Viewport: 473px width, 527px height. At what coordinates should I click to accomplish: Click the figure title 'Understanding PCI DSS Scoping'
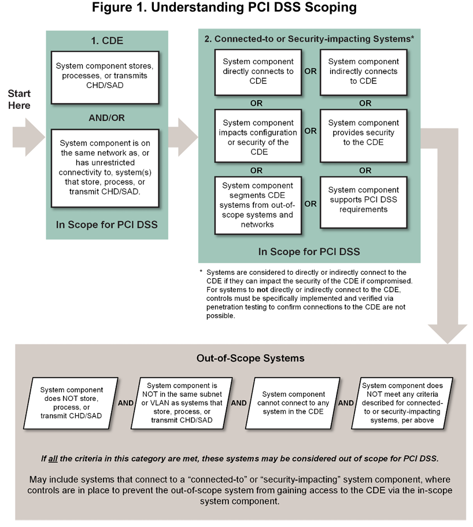pyautogui.click(x=236, y=9)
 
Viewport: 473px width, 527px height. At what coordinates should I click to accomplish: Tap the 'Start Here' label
pyautogui.click(x=20, y=99)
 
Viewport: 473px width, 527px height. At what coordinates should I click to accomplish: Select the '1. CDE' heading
pyautogui.click(x=107, y=42)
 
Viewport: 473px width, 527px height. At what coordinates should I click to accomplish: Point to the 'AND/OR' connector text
pyautogui.click(x=106, y=117)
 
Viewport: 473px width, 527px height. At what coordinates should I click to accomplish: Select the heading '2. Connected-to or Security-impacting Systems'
pyautogui.click(x=309, y=39)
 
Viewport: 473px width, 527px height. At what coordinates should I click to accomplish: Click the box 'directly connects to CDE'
pyautogui.click(x=258, y=72)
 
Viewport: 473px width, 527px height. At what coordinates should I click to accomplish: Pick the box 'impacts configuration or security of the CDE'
pyautogui.click(x=258, y=138)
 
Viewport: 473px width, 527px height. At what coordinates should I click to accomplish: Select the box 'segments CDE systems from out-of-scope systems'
pyautogui.click(x=258, y=205)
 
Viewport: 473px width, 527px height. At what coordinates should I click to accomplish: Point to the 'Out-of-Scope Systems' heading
pyautogui.click(x=250, y=358)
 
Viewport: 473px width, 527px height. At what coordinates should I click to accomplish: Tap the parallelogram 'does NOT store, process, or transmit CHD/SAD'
pyautogui.click(x=72, y=403)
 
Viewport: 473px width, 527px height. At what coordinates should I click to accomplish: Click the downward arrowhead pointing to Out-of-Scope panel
pyautogui.click(x=447, y=333)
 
